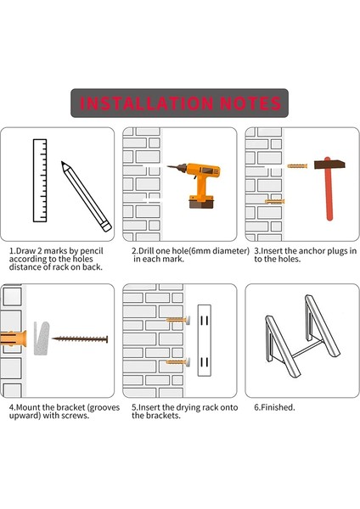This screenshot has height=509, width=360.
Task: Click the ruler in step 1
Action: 40,181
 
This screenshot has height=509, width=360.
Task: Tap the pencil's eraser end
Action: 106,226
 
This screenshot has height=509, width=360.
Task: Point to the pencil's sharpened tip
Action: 63,163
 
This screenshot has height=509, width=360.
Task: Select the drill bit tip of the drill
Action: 169,167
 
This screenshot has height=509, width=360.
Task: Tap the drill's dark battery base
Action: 201,204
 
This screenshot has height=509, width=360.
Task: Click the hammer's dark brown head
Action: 329,165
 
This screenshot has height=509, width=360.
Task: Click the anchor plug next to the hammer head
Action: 297,166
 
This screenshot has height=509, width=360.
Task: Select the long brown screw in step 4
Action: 80,339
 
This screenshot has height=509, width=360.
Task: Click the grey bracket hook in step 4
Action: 42,338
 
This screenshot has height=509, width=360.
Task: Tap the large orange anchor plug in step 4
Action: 13,338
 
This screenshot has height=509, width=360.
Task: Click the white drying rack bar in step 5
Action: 205,340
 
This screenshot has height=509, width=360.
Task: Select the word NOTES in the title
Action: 250,103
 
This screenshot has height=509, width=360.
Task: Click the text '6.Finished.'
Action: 274,407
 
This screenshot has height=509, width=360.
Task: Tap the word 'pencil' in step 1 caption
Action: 92,251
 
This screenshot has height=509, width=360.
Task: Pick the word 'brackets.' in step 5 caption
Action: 163,416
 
